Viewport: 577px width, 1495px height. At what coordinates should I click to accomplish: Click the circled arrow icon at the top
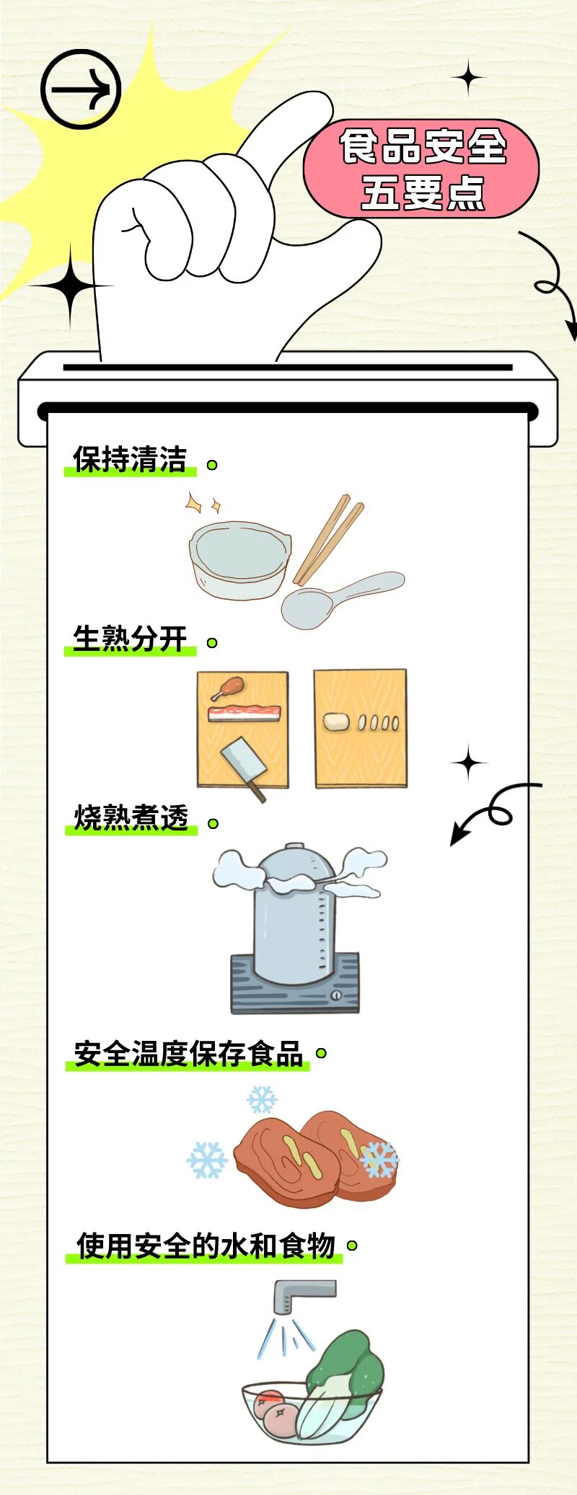point(80,89)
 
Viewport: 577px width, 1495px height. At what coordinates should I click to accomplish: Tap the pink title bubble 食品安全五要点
point(422,169)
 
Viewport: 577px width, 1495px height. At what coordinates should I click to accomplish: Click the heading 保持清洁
point(130,460)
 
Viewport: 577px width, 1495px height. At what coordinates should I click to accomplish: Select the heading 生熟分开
point(130,639)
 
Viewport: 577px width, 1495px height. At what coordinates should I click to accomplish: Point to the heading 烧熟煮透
point(131,818)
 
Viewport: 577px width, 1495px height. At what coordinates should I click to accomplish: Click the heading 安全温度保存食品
point(188,1054)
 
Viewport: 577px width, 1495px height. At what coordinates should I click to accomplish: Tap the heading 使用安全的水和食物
point(206,1246)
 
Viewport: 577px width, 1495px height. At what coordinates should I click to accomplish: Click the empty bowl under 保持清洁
point(238,559)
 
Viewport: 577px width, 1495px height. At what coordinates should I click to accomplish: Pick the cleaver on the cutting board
point(241,765)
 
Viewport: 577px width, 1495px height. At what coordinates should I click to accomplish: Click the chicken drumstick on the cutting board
point(228,688)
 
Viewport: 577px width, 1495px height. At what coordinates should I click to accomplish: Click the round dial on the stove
point(336,995)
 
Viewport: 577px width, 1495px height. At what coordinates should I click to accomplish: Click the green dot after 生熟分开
point(212,642)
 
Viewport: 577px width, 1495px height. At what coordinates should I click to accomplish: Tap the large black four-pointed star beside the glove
point(70,286)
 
